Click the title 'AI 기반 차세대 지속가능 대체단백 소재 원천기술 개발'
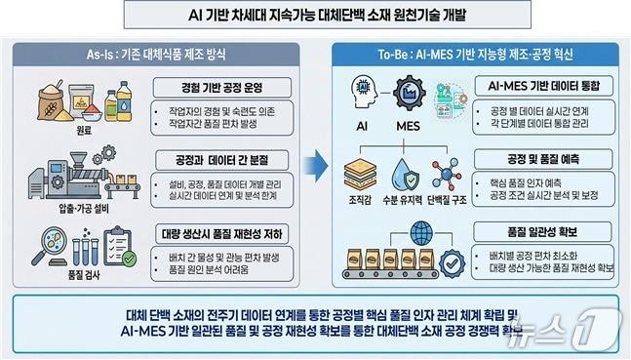click(315, 15)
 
